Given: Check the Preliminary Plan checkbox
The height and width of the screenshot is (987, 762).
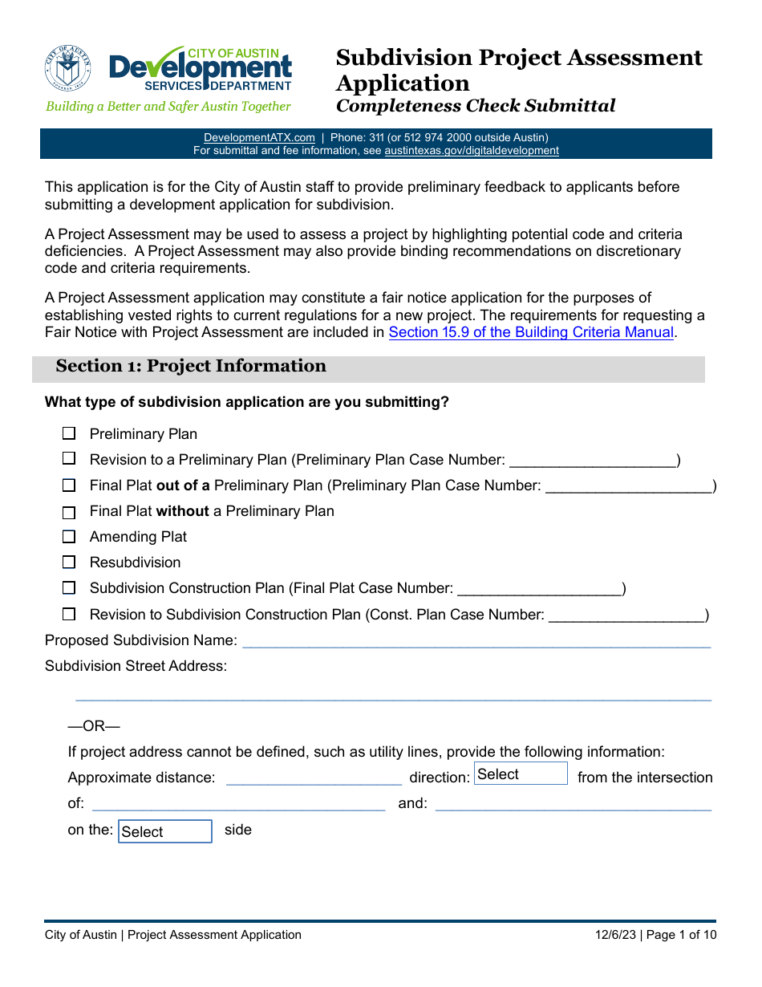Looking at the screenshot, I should pyautogui.click(x=69, y=434).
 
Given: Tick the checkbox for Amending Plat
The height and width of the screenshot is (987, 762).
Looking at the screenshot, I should pyautogui.click(x=69, y=537).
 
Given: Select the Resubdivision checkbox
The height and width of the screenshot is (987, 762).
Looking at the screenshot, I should pyautogui.click(x=69, y=563).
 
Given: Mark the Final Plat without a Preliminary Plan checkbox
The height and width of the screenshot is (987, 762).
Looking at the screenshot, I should pyautogui.click(x=69, y=512).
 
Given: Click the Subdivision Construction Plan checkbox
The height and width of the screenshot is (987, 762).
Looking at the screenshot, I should pyautogui.click(x=69, y=588).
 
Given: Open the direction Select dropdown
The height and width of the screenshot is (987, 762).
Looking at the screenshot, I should pyautogui.click(x=521, y=774).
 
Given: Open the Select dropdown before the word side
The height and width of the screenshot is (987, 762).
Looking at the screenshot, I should pyautogui.click(x=165, y=831).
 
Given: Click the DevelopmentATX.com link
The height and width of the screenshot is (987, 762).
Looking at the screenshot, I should pyautogui.click(x=259, y=138).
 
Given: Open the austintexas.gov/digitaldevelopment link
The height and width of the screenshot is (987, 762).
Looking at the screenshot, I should pyautogui.click(x=472, y=150).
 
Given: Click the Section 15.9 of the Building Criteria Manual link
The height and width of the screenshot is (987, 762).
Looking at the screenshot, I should pyautogui.click(x=530, y=332).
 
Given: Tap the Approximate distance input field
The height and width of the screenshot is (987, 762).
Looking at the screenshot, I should pyautogui.click(x=314, y=778).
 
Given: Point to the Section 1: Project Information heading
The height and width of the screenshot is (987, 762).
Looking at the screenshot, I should pyautogui.click(x=191, y=367).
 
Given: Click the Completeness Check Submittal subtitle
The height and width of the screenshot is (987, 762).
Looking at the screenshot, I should pyautogui.click(x=476, y=106).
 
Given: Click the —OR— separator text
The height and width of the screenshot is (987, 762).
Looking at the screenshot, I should pyautogui.click(x=94, y=726).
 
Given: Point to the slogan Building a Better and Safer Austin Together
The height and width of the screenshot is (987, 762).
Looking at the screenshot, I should pyautogui.click(x=168, y=106).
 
